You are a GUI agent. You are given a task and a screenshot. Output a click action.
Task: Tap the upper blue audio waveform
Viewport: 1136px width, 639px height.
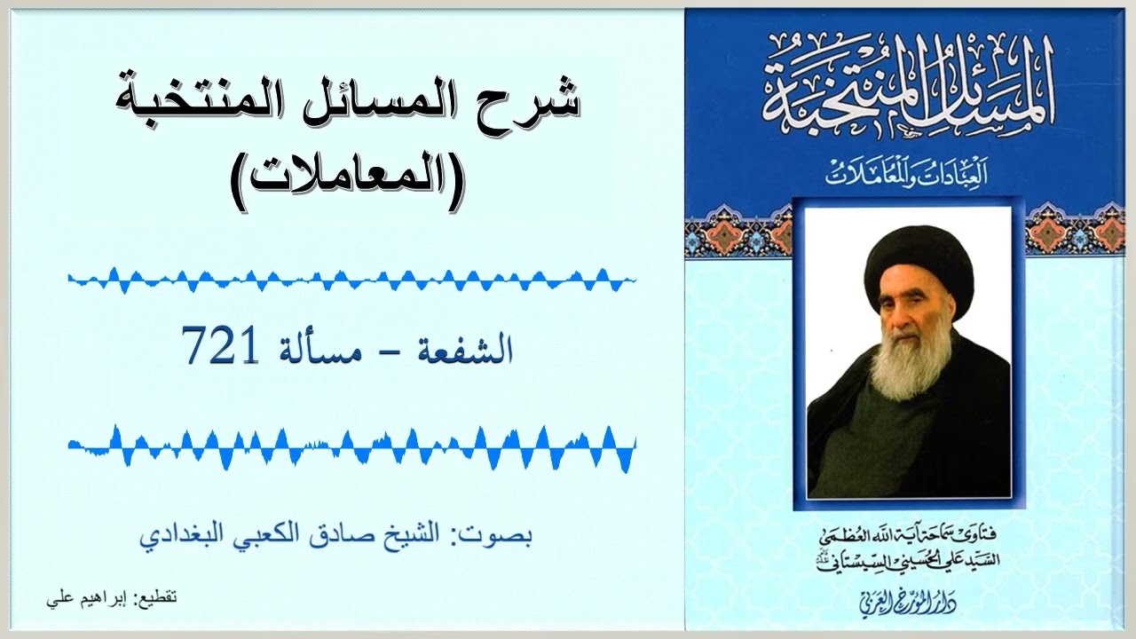coord(351,280)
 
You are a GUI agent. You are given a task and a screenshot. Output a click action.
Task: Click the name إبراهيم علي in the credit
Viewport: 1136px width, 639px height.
coord(86,598)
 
